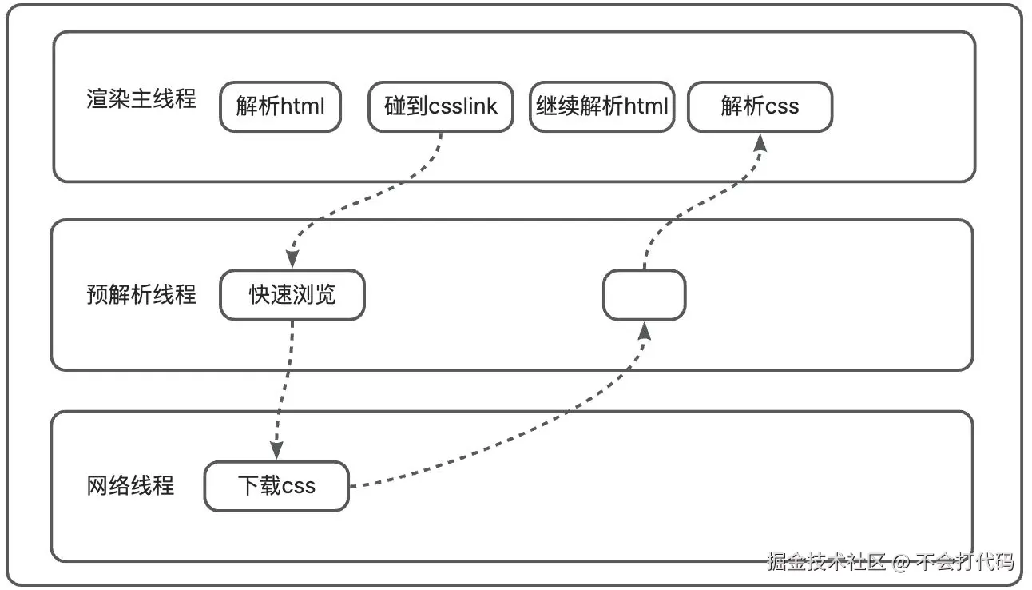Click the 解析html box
pos(280,106)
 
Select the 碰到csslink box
pos(440,106)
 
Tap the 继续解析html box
pos(601,106)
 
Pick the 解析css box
pos(760,106)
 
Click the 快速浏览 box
pos(292,295)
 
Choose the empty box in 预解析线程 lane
pos(644,295)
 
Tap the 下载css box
pos(276,486)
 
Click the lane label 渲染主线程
pos(141,100)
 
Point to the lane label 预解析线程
pos(141,294)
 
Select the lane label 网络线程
pos(130,485)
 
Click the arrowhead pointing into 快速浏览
pos(292,260)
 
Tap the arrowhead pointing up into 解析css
pos(760,142)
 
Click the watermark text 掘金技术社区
pos(826,562)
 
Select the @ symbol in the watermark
pos(901,563)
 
